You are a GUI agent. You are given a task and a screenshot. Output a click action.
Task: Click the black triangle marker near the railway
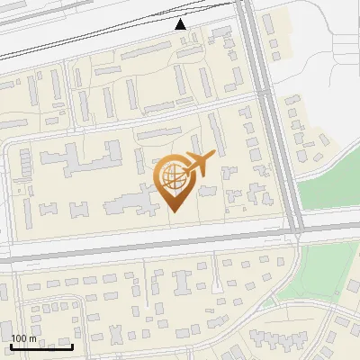(181, 23)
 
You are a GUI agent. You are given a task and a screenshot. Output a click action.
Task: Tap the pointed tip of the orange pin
(174, 210)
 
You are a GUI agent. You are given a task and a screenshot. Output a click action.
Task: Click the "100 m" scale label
(24, 338)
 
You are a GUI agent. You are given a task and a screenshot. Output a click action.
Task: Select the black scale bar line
(41, 346)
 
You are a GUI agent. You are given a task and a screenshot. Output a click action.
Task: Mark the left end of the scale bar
(11, 346)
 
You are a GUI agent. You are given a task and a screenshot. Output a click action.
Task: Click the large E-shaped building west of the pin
(80, 162)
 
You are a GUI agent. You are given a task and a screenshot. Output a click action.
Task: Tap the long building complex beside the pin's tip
(135, 202)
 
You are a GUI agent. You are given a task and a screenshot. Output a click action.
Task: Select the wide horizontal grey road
(135, 251)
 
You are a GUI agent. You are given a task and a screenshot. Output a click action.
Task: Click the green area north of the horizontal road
(329, 193)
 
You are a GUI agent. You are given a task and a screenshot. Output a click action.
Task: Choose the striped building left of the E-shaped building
(24, 162)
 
